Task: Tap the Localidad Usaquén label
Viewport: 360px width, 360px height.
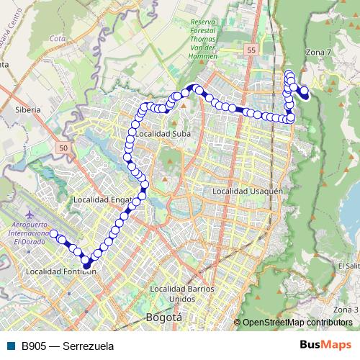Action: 246,191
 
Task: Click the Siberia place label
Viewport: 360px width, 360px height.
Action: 27,111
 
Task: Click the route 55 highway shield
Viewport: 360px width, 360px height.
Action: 249,50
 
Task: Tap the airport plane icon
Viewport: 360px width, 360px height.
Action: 29,215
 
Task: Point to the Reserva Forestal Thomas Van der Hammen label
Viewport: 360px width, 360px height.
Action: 208,37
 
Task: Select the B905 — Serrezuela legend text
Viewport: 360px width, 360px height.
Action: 68,346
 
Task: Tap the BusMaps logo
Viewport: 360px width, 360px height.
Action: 325,346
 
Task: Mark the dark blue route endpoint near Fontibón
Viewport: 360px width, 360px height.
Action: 86,264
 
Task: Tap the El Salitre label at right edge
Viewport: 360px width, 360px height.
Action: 348,266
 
